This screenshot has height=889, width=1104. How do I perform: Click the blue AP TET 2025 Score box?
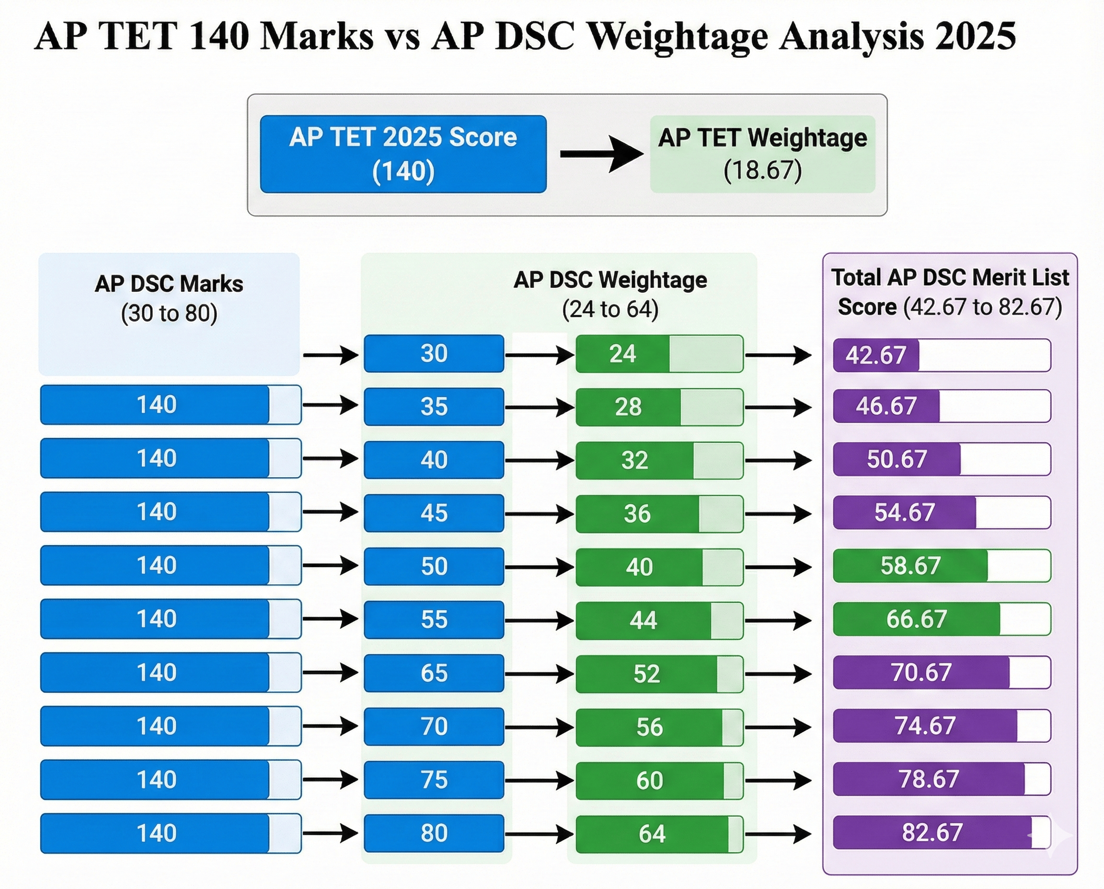click(x=403, y=154)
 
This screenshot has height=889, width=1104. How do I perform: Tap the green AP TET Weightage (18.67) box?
click(x=762, y=154)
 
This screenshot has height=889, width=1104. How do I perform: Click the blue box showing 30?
click(x=434, y=353)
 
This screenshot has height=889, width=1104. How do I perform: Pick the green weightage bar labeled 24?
click(x=659, y=354)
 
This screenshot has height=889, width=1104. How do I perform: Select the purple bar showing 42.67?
click(x=942, y=355)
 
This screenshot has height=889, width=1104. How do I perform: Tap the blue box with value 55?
click(x=434, y=620)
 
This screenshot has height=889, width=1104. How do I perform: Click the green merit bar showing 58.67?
click(x=942, y=566)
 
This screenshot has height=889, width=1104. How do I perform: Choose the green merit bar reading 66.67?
click(x=942, y=619)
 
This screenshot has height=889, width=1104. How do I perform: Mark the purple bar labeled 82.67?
click(x=942, y=832)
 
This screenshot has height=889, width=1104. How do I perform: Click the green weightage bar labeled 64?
click(x=659, y=834)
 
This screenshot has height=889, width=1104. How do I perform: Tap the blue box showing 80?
click(x=434, y=833)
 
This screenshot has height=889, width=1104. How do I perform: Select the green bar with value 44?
click(x=659, y=621)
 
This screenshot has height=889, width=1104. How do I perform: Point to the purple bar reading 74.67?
click(x=942, y=726)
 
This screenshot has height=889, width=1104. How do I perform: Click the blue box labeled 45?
click(x=434, y=513)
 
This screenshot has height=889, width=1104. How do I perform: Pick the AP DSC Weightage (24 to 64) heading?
click(x=609, y=295)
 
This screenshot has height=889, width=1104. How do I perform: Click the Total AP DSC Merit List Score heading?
click(x=950, y=292)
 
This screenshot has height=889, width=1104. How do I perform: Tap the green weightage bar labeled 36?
click(x=659, y=513)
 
